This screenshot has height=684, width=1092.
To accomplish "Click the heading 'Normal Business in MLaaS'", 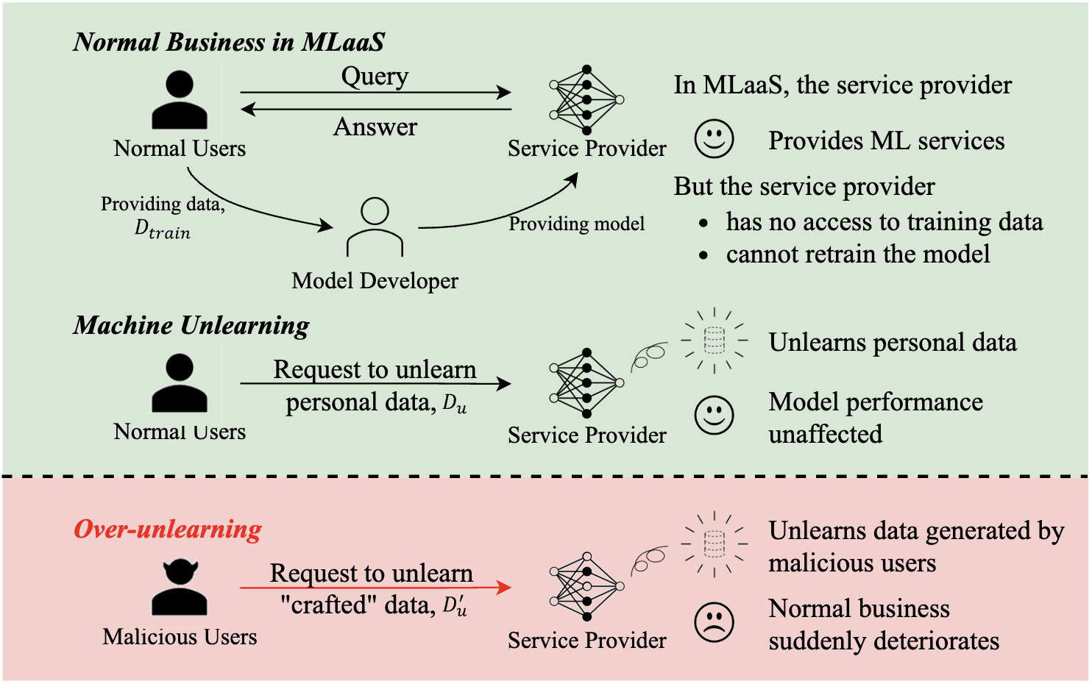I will click(229, 42).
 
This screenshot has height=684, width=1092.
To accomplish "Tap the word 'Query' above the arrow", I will click(375, 76).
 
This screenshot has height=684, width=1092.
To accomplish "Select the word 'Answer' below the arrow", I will click(375, 127).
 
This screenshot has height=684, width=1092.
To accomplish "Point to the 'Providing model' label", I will click(576, 224).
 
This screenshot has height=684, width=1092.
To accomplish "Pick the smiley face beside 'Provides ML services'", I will click(715, 138).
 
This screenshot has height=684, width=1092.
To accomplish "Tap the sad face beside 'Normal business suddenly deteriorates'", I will click(715, 622).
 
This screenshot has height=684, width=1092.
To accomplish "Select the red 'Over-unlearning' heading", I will click(168, 529).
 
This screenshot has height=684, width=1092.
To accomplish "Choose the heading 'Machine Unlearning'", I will click(191, 325).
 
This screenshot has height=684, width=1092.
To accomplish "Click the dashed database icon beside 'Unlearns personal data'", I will click(714, 341).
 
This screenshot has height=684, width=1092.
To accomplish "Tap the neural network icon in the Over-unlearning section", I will click(586, 586).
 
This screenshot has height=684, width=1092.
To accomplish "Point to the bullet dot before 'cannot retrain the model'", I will click(704, 255).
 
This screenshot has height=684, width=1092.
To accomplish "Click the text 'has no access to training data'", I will click(884, 221).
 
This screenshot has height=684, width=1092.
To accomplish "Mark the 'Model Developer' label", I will click(375, 280).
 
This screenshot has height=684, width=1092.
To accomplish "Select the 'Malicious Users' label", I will click(180, 636).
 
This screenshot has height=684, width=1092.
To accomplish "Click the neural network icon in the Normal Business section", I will click(586, 99).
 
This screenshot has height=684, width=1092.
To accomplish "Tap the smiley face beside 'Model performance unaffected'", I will click(715, 416).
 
